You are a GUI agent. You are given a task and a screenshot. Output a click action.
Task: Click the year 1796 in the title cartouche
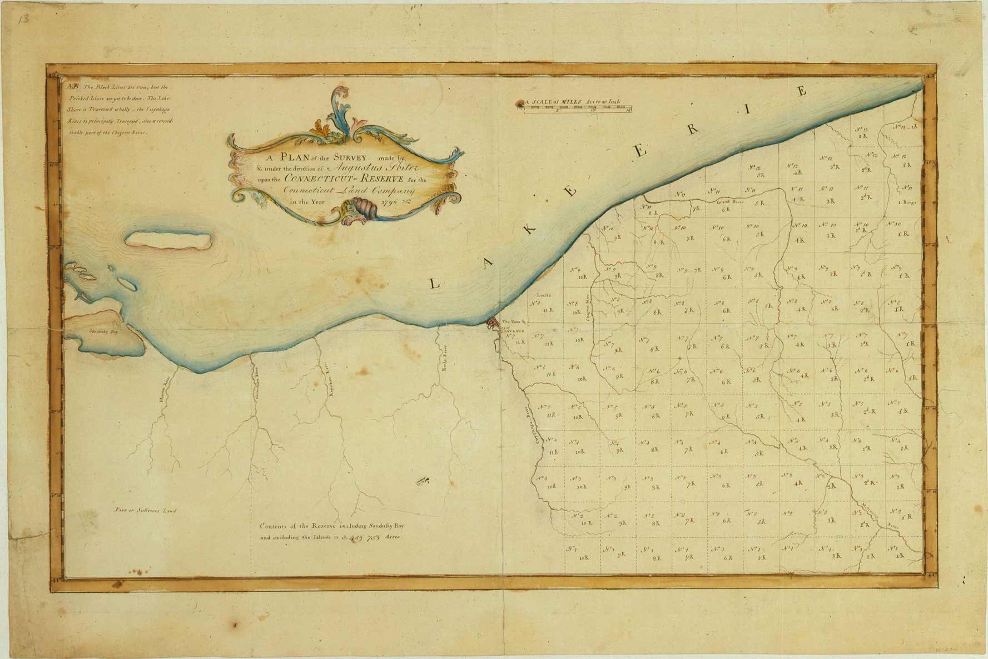click(x=393, y=202)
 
